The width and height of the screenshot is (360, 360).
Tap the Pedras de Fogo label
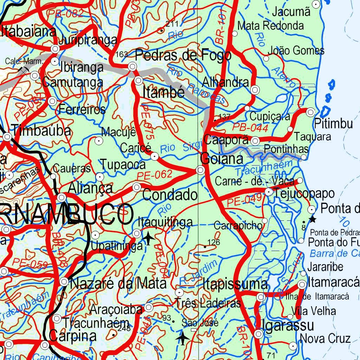click(183, 55)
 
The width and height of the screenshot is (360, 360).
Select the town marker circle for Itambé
click(139, 81)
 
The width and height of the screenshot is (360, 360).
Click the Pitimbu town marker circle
click(310, 112)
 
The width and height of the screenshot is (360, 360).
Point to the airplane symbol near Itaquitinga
click(149, 238)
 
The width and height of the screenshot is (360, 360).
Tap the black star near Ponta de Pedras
click(312, 219)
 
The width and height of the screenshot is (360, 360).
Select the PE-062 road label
click(154, 174)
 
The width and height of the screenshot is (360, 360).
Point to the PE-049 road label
click(244, 201)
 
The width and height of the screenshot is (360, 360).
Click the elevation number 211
click(172, 24)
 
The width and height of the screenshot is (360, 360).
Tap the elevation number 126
click(213, 242)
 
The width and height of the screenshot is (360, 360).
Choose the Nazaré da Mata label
click(118, 283)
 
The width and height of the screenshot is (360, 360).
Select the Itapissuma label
click(235, 284)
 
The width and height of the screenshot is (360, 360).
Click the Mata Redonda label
click(270, 25)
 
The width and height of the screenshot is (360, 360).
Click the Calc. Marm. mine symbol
click(23, 70)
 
